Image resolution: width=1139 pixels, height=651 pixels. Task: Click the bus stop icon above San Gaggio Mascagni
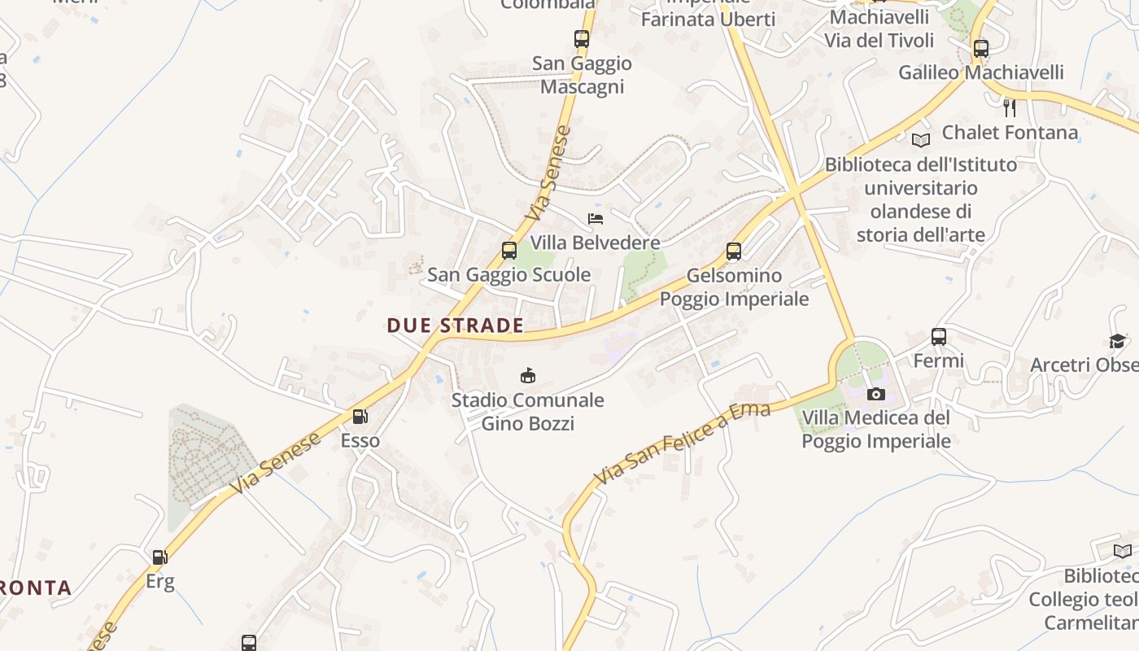[581, 38]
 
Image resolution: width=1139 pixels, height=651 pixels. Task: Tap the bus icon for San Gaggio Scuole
[509, 251]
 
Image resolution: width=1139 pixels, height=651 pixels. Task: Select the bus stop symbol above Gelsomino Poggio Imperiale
[734, 251]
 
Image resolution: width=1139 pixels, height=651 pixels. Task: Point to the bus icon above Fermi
[939, 337]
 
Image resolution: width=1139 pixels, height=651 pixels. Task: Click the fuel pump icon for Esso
[360, 417]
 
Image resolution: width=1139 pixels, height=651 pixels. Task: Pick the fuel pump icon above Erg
[160, 557]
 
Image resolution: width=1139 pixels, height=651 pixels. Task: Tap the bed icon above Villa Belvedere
[596, 219]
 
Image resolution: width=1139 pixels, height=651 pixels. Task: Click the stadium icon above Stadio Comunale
[528, 375]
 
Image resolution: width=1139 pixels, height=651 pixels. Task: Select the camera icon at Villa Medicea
[876, 395]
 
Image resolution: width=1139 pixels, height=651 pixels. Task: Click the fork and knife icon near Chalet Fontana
[1010, 107]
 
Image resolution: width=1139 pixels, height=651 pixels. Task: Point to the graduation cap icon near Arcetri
[1118, 341]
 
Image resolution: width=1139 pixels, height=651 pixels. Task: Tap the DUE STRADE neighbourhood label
[455, 325]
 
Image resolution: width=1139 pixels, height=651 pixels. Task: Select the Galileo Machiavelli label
[980, 72]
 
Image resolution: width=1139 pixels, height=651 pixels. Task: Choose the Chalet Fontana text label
[1010, 132]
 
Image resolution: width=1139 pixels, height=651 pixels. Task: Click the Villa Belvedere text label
[595, 242]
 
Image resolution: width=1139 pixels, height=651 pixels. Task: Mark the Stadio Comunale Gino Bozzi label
[528, 412]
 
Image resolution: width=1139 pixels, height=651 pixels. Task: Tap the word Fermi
[939, 360]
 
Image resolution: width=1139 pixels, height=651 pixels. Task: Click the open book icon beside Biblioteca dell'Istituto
[921, 140]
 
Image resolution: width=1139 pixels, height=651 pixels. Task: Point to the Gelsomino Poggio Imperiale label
[734, 287]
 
